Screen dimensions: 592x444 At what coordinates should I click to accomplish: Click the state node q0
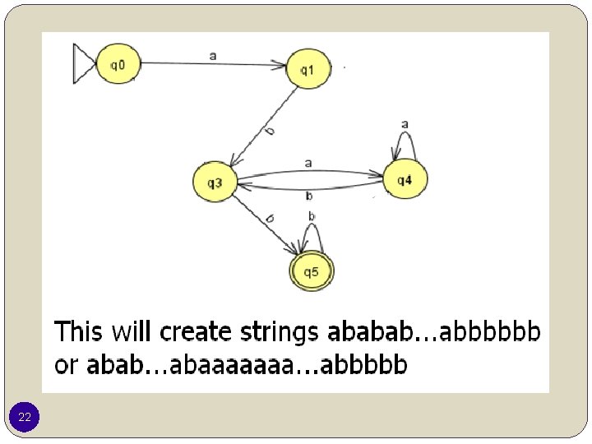[118, 64]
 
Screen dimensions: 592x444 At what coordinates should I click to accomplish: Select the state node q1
[307, 70]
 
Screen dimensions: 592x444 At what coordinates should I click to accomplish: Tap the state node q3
[215, 183]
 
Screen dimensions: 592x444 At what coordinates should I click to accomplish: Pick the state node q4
[404, 180]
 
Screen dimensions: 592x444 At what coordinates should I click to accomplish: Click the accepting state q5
[312, 272]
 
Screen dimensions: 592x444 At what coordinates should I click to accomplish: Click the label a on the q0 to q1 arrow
[213, 55]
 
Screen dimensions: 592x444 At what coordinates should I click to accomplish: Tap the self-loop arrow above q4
[405, 145]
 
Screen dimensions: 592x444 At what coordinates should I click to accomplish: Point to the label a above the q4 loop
[405, 124]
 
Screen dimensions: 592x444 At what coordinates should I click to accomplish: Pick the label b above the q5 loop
[312, 216]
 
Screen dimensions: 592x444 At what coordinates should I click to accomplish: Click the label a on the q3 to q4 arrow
[308, 163]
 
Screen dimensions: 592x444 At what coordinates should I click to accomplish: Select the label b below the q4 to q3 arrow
[308, 196]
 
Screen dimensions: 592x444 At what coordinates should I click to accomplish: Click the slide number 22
[25, 419]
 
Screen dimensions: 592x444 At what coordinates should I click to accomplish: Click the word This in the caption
[78, 332]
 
